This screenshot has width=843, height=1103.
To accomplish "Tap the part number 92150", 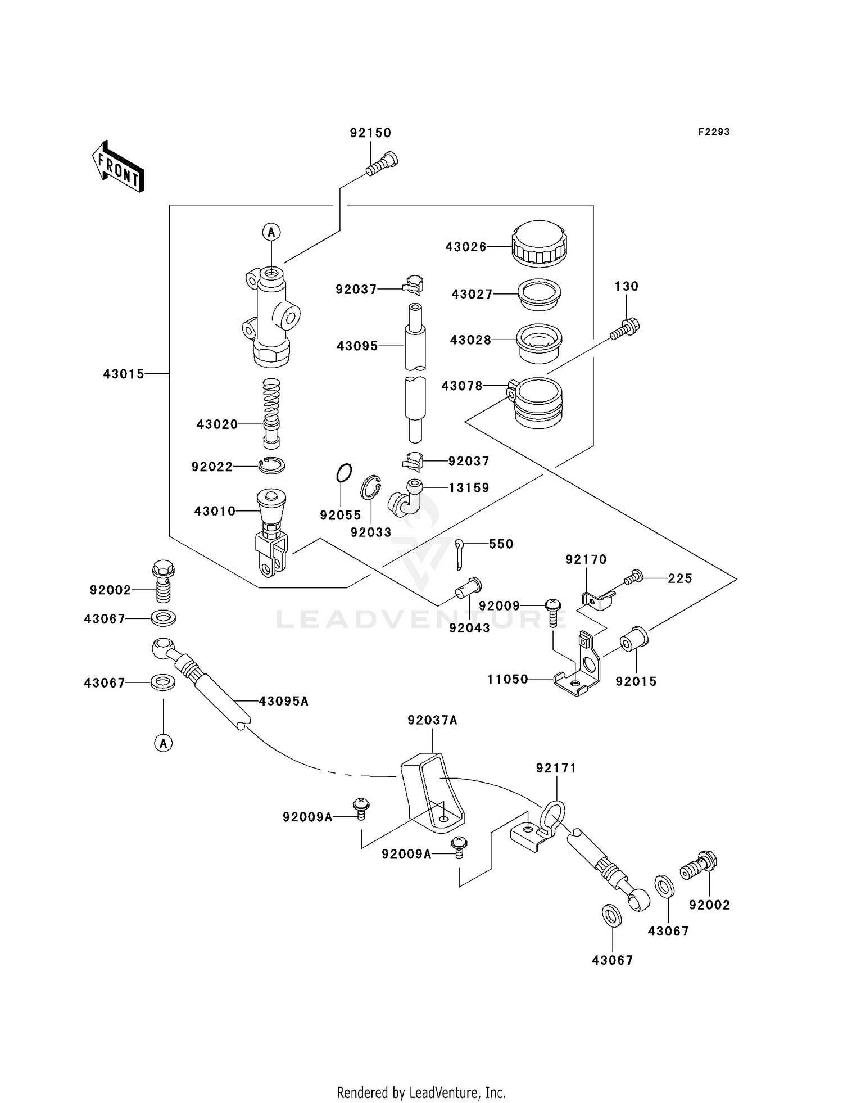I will click(370, 133).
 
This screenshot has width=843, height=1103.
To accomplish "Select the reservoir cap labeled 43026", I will click(539, 243).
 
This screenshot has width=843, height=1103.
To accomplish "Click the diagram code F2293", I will click(714, 132).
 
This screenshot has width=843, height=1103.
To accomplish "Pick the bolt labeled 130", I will click(625, 329).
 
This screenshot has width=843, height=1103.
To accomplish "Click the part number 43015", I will click(124, 374).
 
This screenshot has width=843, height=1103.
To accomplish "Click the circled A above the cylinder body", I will click(271, 232).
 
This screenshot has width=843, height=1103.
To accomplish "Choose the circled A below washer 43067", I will click(163, 743).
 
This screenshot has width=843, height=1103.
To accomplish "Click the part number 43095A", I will click(283, 701).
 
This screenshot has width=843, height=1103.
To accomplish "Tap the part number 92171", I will click(556, 768).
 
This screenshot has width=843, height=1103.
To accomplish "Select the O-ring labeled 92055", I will click(344, 473).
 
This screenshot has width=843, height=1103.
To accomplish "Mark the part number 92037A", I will click(432, 720).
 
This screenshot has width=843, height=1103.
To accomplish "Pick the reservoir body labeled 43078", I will click(537, 401).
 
